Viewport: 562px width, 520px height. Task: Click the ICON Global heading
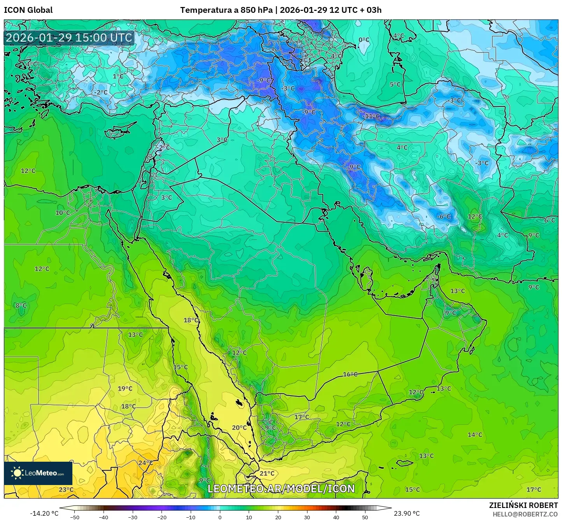[x=28, y=10]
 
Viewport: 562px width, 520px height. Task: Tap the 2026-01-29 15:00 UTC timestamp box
[x=69, y=38]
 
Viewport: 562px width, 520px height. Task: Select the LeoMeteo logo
[x=38, y=473]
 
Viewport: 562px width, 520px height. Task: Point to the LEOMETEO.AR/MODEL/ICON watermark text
[x=281, y=489]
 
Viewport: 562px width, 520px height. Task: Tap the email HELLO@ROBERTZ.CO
[x=525, y=514]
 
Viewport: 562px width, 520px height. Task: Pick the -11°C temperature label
[x=371, y=116]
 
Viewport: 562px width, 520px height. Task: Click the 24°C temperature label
[x=146, y=462]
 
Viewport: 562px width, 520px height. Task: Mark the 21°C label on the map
[x=267, y=473]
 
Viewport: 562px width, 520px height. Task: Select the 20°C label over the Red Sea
[x=239, y=428]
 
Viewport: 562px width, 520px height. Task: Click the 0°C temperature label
[x=364, y=40]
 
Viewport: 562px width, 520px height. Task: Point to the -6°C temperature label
[x=443, y=216]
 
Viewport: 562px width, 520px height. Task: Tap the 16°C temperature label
[x=350, y=374]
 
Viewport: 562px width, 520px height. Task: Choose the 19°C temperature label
[x=125, y=388]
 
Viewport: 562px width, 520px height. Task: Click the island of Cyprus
[x=119, y=131]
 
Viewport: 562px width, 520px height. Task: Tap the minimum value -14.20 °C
[x=44, y=513]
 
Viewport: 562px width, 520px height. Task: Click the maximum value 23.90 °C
[x=407, y=513]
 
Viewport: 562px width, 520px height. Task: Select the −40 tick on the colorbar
[x=104, y=517]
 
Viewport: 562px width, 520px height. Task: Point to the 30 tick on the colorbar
[x=307, y=517]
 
